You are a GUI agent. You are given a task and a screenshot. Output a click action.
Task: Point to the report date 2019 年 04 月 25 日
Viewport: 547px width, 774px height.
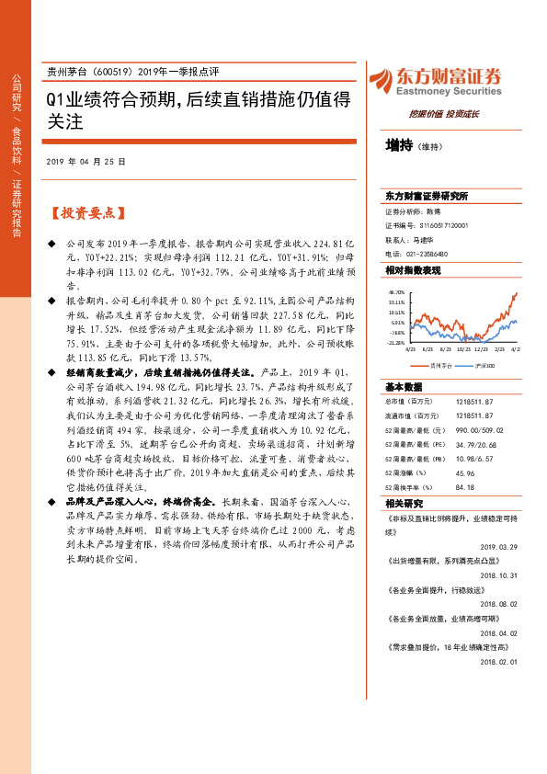[x=85, y=161]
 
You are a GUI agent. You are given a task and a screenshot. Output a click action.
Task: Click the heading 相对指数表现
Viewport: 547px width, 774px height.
[x=413, y=270]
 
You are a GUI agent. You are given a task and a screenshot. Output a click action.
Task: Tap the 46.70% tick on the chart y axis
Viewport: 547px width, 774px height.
[x=396, y=291]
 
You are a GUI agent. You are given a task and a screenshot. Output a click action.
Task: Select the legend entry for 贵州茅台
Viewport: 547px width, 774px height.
[x=435, y=365]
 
